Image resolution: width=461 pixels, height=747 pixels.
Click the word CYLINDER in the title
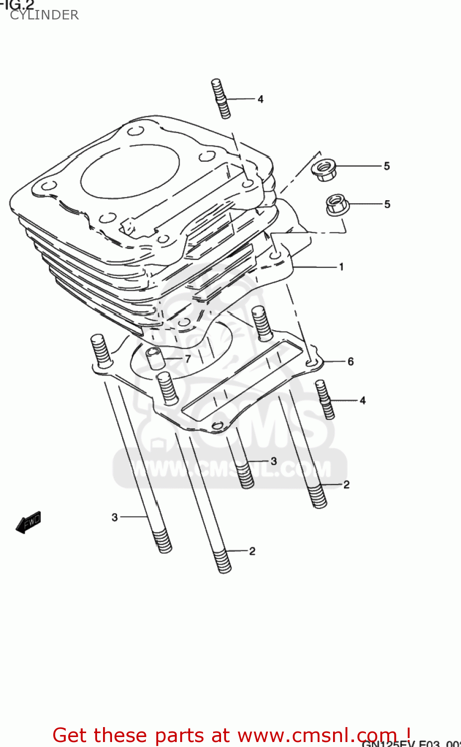[44, 15]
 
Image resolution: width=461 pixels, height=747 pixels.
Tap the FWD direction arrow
[28, 522]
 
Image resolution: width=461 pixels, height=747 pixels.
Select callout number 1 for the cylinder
[342, 267]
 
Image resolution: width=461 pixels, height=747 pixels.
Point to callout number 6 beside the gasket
[350, 362]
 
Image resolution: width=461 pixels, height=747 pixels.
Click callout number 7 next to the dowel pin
[188, 359]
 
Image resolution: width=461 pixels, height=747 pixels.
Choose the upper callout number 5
[387, 166]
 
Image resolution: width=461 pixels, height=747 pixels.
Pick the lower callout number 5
[387, 204]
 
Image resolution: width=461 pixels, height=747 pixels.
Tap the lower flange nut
[337, 205]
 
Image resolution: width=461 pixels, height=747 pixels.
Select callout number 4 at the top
[260, 99]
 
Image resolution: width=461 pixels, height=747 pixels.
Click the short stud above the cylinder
[221, 99]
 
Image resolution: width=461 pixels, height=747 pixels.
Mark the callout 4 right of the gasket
[362, 400]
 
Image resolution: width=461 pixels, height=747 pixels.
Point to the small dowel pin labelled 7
[155, 358]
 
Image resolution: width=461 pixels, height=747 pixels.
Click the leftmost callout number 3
[115, 517]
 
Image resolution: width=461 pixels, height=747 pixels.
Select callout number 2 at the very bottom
[252, 551]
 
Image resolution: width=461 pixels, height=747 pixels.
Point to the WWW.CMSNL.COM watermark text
[230, 469]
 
